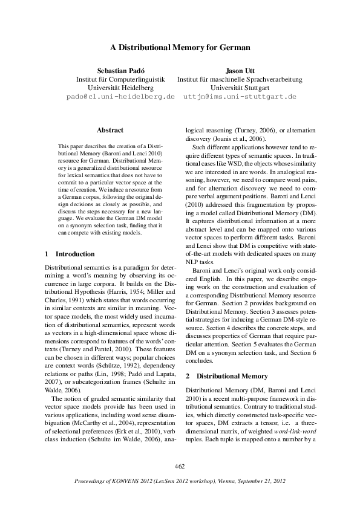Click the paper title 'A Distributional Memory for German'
pyautogui.click(x=180, y=47)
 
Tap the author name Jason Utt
pyautogui.click(x=240, y=70)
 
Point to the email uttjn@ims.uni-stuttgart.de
pyautogui.click(x=240, y=96)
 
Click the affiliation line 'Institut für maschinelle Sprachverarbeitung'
pyautogui.click(x=240, y=79)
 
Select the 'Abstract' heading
pyautogui.click(x=110, y=130)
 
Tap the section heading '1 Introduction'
pyautogui.click(x=70, y=254)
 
